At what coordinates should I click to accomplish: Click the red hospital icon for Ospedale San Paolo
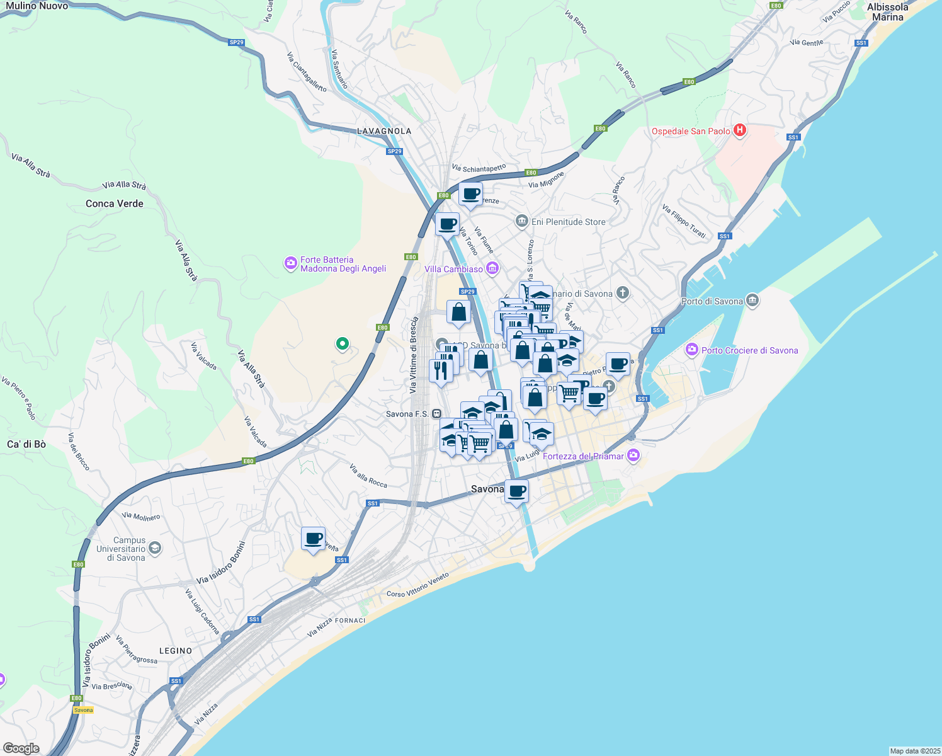740,130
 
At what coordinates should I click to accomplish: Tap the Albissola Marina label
887,12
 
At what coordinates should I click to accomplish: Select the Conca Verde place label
115,203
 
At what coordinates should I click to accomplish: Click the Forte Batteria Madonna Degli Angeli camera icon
290,263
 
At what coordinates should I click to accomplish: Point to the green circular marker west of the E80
343,343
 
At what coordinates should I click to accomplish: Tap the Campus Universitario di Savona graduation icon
155,548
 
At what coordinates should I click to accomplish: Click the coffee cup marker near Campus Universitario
313,539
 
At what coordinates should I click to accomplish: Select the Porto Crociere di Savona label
749,350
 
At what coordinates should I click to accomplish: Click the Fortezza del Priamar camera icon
633,455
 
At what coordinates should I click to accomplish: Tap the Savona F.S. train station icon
437,414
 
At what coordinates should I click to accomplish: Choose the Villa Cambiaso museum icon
492,269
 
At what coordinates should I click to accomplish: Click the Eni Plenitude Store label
568,222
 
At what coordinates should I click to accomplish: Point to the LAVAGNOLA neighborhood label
384,131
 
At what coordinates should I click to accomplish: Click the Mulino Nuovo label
37,6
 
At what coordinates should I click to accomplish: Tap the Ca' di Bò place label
26,444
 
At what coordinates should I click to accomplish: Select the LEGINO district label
176,651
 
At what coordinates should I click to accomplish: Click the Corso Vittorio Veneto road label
418,585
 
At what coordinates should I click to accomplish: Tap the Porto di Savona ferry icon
752,301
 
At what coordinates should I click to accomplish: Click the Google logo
21,748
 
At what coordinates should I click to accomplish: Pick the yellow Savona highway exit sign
83,710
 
